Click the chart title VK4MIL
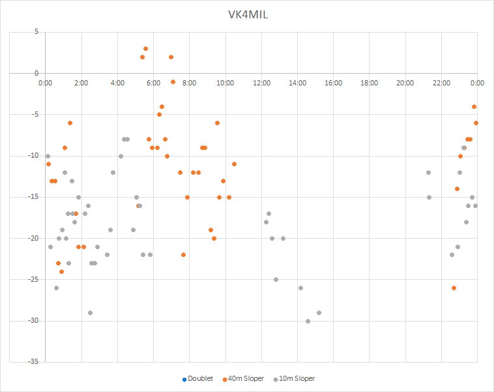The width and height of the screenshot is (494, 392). point(247,15)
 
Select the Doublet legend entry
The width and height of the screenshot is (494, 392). point(199,378)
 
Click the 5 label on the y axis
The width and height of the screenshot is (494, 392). point(36,32)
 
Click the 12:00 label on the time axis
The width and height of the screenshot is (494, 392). point(261,83)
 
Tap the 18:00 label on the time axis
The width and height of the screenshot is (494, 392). point(369,83)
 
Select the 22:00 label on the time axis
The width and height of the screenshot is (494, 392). point(441,83)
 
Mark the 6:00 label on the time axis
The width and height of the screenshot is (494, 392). point(153,83)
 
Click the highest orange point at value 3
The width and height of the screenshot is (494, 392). point(145,48)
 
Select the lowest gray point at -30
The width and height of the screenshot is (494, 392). point(308,321)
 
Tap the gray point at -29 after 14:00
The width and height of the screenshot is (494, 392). point(319,312)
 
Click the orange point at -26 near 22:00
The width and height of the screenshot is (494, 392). point(454,288)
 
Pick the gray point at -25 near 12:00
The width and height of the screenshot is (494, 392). point(276,279)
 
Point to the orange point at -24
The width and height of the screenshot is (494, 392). point(61,271)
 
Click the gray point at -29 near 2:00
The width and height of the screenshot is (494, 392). point(90,312)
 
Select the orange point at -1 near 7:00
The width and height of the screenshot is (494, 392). point(173,82)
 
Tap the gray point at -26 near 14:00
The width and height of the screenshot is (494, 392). point(300,288)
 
